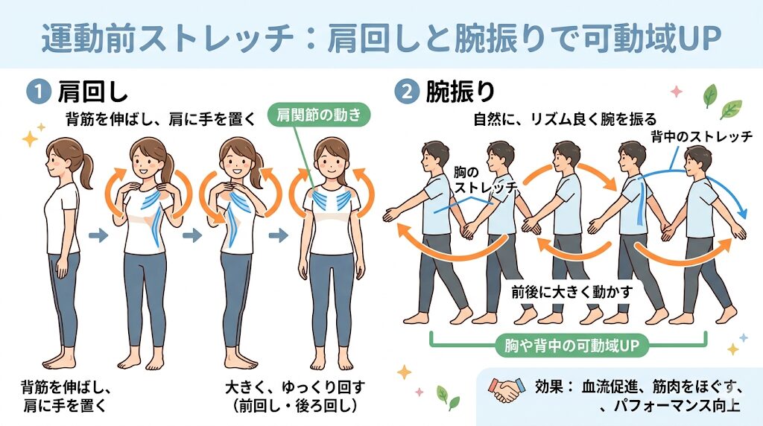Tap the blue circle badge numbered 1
[x=34, y=92]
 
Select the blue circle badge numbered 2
[x=405, y=92]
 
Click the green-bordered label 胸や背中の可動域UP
[x=569, y=345]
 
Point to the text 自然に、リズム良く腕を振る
[x=565, y=118]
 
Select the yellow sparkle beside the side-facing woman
[x=31, y=139]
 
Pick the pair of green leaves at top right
[x=720, y=103]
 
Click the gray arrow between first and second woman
[x=97, y=236]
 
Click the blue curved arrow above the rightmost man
[x=715, y=186]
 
